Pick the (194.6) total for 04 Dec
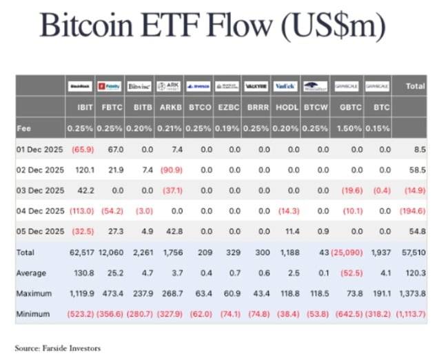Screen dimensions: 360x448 point(411,210)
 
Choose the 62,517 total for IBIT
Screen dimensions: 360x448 point(81,253)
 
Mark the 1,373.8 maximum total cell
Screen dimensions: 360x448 point(411,293)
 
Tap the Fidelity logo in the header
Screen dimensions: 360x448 point(110,86)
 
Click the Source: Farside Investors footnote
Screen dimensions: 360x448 point(58,348)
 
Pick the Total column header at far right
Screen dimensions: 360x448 point(416,87)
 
